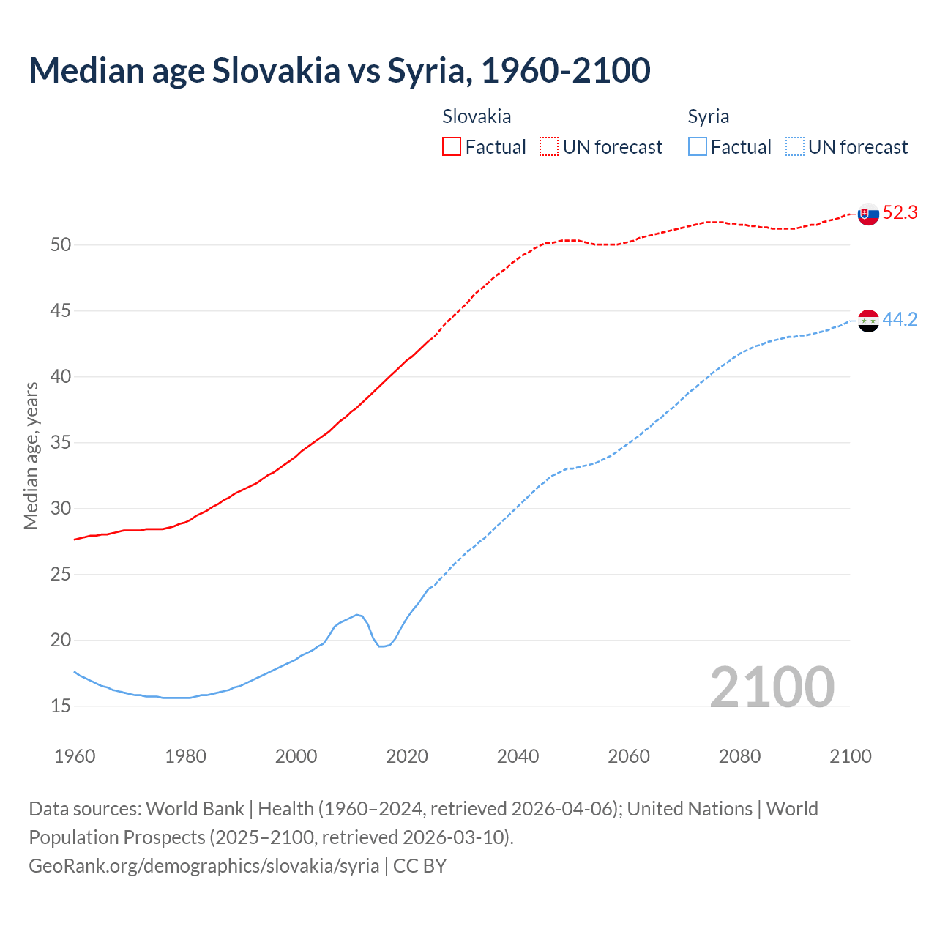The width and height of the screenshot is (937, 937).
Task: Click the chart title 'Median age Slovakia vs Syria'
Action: (x=339, y=70)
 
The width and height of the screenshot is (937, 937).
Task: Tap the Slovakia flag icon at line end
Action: (x=867, y=214)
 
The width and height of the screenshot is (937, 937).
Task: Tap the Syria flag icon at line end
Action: (x=867, y=321)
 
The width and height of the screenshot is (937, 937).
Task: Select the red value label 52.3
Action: (x=900, y=213)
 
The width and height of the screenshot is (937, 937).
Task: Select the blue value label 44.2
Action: (x=900, y=320)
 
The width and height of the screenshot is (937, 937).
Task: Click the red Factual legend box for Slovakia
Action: (x=452, y=146)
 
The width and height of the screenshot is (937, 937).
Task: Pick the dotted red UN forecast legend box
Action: (x=549, y=146)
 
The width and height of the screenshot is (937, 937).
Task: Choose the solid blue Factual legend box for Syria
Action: (x=698, y=146)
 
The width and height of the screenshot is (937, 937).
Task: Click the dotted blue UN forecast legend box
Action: (x=794, y=146)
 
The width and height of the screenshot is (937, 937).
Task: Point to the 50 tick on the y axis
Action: (x=60, y=245)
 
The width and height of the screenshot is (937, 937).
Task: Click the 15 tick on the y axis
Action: (x=60, y=706)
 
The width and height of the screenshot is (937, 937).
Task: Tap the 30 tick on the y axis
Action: (x=60, y=509)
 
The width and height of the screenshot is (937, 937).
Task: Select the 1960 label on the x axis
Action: (x=75, y=756)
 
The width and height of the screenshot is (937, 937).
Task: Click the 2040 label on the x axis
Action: (x=518, y=756)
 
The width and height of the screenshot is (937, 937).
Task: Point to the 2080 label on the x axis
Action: (x=739, y=756)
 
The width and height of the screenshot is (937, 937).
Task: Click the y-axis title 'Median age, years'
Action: (x=31, y=455)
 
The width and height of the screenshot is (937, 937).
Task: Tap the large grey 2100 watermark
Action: (x=772, y=687)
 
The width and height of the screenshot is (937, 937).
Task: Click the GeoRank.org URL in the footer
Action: (x=204, y=866)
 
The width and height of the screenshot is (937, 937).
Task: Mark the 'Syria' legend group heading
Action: (x=708, y=116)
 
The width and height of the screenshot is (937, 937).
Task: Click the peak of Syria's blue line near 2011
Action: (x=357, y=615)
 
